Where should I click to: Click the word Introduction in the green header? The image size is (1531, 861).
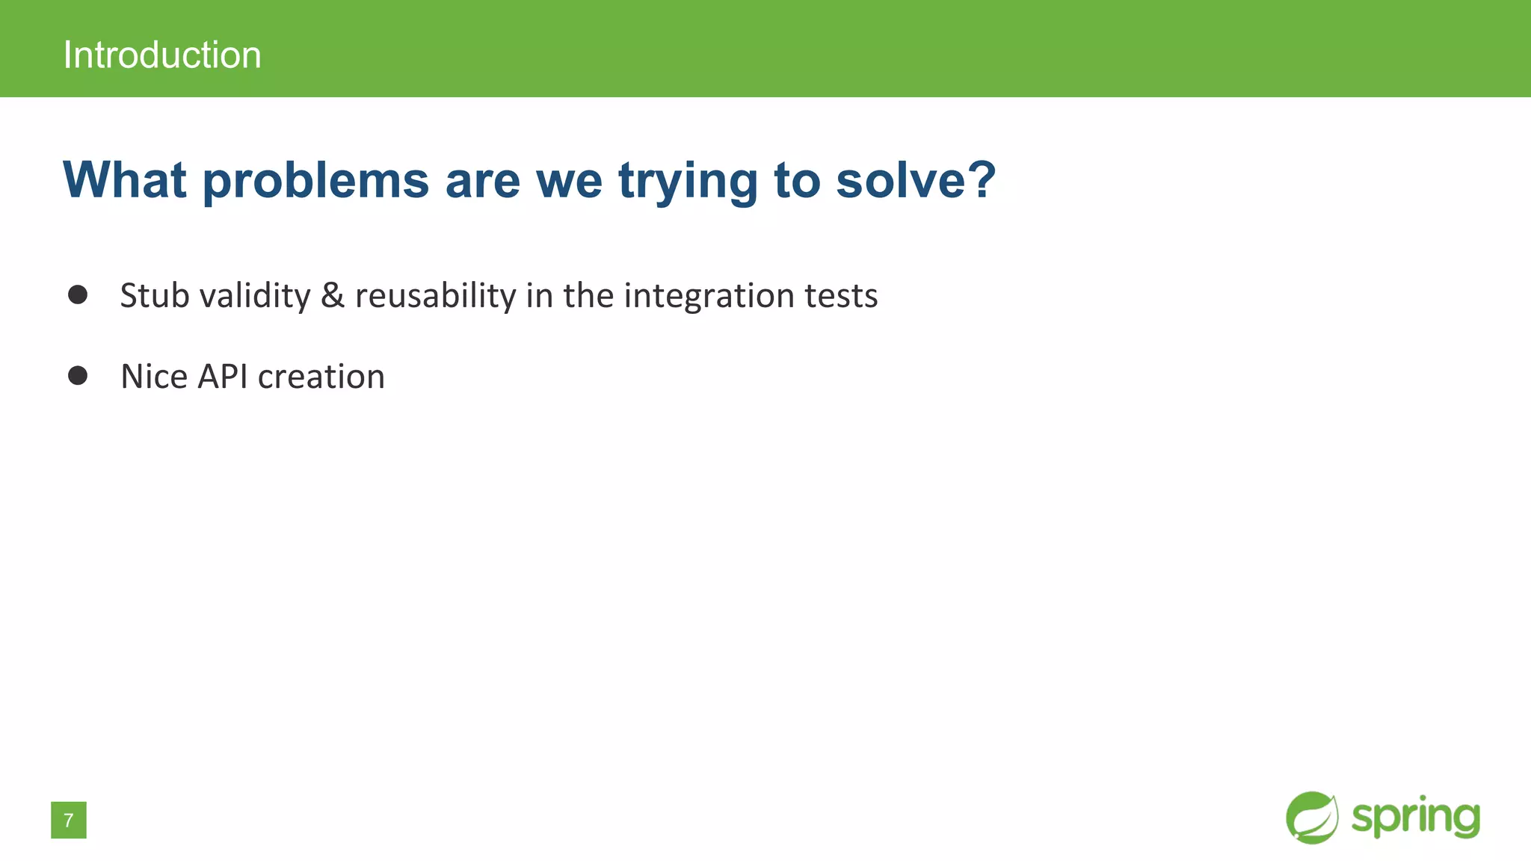click(162, 55)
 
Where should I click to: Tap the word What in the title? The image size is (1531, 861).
click(124, 180)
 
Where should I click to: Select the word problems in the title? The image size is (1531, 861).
click(315, 182)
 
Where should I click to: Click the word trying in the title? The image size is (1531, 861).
click(688, 182)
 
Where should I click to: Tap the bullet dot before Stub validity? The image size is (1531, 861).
click(78, 294)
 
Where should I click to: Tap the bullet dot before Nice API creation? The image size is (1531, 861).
click(78, 375)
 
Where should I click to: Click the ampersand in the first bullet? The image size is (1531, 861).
click(333, 295)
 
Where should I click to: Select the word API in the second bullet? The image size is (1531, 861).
click(222, 376)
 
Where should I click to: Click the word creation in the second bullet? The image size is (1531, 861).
click(321, 376)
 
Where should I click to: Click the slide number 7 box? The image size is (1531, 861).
click(69, 820)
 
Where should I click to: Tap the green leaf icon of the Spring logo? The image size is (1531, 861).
click(1312, 818)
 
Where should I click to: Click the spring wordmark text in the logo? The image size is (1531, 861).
click(1415, 818)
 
